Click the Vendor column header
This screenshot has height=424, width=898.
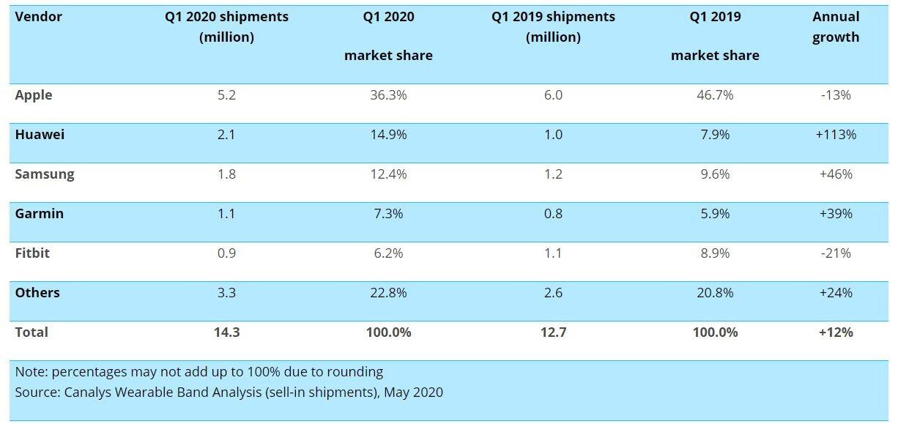pos(38,17)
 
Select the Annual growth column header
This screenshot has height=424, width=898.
pos(836,27)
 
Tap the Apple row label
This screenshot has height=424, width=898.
pos(34,95)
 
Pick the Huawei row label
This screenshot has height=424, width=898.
pos(40,135)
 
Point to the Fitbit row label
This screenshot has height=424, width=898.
pos(32,253)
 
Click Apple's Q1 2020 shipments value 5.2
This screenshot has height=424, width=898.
pos(226,95)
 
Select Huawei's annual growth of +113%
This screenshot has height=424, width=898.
pos(836,135)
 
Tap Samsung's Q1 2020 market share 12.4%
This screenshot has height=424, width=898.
pos(388,174)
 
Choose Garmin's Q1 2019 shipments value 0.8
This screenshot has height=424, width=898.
pos(553,214)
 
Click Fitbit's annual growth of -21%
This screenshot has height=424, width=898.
pos(836,253)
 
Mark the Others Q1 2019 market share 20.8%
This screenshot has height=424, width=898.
pos(715,293)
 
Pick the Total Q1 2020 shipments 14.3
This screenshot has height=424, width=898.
pos(226,332)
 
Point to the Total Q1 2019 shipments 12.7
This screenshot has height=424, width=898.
pos(553,332)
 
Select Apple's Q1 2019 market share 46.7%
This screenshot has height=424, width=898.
pos(715,95)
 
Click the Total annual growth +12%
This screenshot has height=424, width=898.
pos(836,332)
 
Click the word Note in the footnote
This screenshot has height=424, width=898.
pos(30,372)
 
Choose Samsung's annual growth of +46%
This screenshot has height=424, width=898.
pos(836,174)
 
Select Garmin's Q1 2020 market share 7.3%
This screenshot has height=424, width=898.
pos(388,214)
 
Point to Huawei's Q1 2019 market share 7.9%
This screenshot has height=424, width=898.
pos(715,135)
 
